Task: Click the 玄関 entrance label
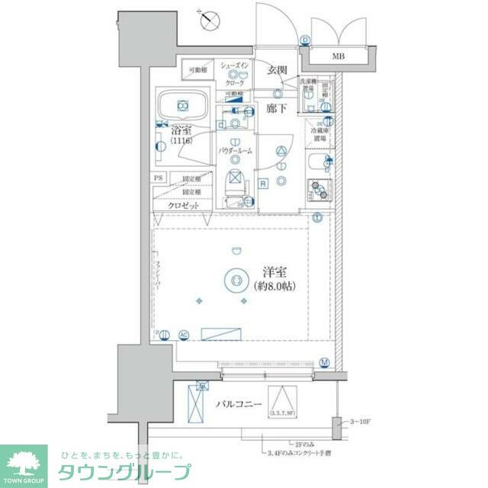click(276, 71)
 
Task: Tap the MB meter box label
click(336, 56)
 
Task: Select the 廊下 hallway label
click(276, 108)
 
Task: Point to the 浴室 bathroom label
click(181, 130)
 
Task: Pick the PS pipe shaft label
click(159, 178)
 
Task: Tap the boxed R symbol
click(262, 183)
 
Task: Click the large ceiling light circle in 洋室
click(235, 281)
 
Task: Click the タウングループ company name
click(127, 471)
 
